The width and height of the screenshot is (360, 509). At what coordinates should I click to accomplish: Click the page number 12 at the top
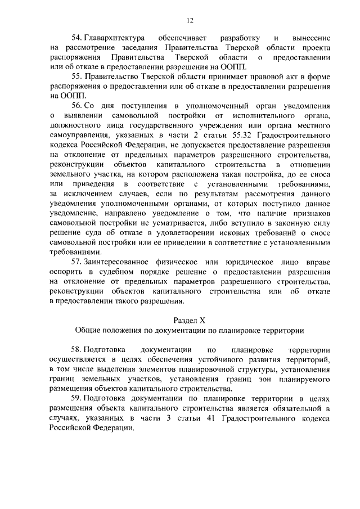tap(190, 21)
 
